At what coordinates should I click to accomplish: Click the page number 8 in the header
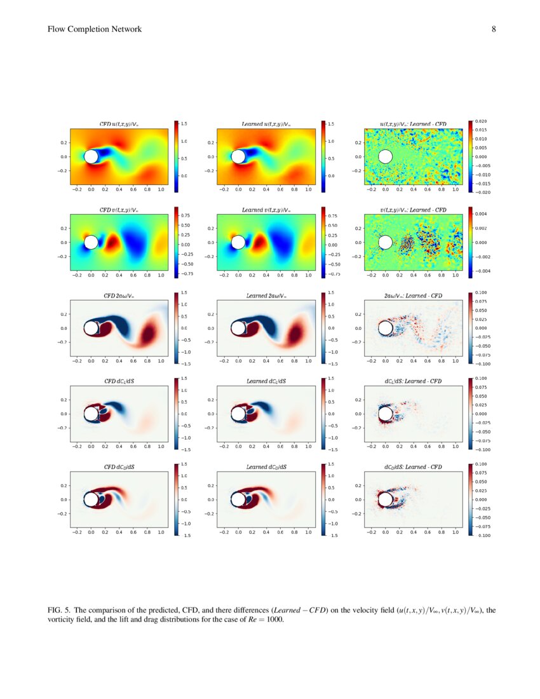click(494, 29)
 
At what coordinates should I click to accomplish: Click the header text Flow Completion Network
click(95, 29)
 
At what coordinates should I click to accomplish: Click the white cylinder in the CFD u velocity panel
click(91, 156)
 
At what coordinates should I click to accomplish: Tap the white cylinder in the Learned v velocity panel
click(238, 242)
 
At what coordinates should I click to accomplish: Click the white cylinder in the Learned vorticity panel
click(238, 329)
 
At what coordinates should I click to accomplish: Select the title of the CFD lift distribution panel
click(119, 381)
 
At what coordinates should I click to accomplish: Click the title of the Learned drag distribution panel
click(266, 467)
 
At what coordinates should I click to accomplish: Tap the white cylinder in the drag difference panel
click(386, 499)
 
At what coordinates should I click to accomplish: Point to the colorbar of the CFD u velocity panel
click(176, 156)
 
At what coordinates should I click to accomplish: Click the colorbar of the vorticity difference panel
click(470, 328)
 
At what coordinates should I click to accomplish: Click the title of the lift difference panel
click(413, 381)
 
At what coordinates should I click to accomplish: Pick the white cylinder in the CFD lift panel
click(91, 414)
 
